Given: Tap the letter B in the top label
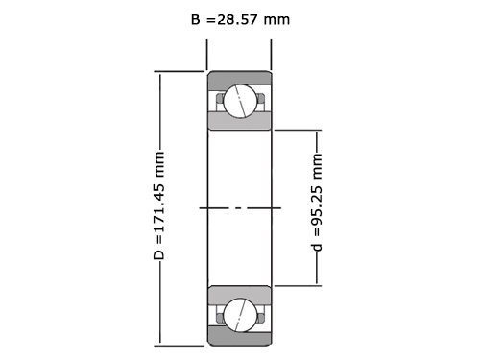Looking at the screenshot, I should [196, 19].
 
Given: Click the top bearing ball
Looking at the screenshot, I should [239, 99].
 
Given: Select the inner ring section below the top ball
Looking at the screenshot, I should [239, 122].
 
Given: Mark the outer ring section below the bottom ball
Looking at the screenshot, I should [239, 336].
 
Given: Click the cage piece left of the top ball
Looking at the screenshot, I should [220, 98].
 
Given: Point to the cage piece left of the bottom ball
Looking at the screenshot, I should [220, 313].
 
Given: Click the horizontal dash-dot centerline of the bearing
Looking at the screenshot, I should [240, 206].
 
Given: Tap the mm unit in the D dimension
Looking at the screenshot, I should [160, 164].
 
